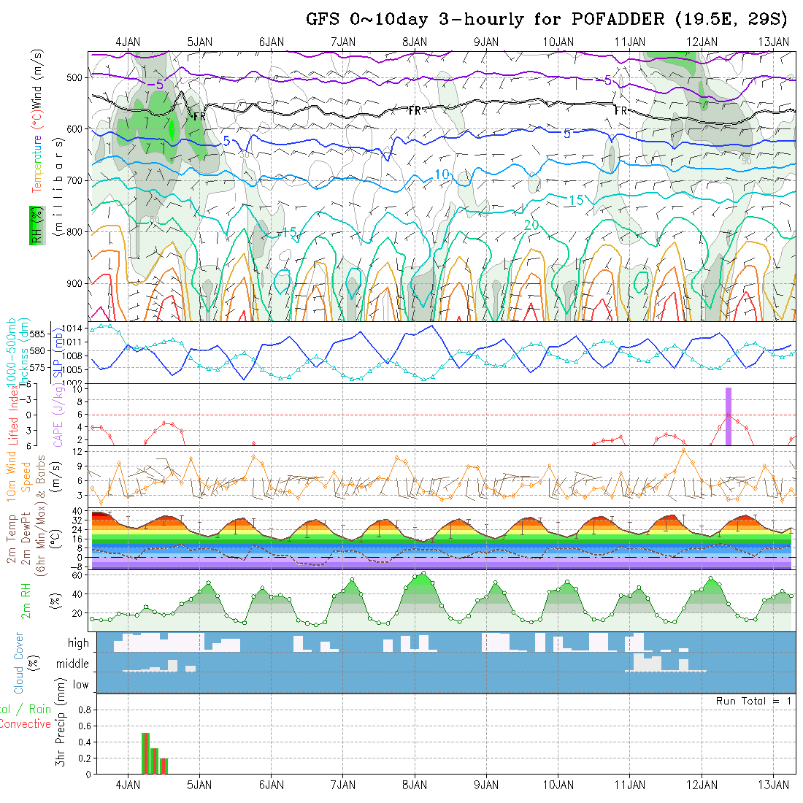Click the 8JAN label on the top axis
[x=415, y=42]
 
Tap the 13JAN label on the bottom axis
[x=773, y=785]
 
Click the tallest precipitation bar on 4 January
[x=145, y=753]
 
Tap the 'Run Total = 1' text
[x=753, y=701]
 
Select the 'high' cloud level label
[x=78, y=643]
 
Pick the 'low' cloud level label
[x=80, y=685]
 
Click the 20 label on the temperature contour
[x=531, y=226]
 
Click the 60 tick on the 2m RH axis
[x=76, y=575]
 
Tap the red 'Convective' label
[x=25, y=724]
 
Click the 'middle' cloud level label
[x=72, y=664]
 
